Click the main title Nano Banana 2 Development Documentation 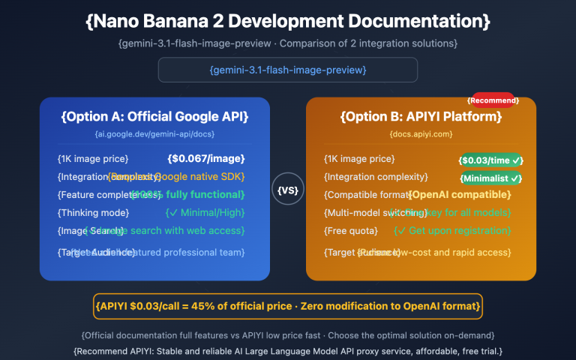(288, 21)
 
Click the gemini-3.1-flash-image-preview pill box (288, 70)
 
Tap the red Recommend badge (493, 100)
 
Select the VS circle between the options (288, 190)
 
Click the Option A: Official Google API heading (154, 117)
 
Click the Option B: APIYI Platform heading (421, 117)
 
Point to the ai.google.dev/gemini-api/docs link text (154, 134)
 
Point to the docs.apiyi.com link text (421, 134)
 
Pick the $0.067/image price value (206, 159)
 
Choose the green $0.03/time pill (491, 160)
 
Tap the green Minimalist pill (491, 178)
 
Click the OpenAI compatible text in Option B (459, 195)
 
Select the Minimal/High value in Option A (207, 212)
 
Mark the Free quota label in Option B (351, 230)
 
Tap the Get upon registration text (452, 230)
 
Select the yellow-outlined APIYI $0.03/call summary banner (288, 306)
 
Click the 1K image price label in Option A (93, 159)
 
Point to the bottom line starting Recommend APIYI (288, 350)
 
